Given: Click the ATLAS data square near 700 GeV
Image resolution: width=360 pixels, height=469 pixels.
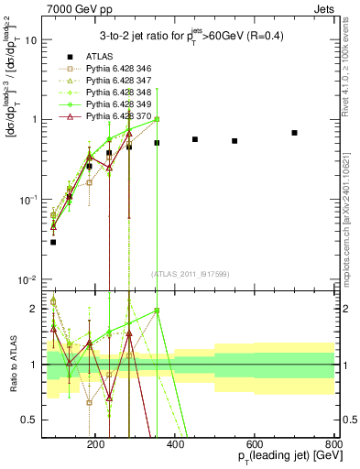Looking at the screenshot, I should [x=295, y=133].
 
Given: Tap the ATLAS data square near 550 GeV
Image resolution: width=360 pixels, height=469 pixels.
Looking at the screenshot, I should [x=235, y=141].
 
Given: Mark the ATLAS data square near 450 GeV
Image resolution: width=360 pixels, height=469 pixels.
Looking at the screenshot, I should [x=195, y=139].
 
